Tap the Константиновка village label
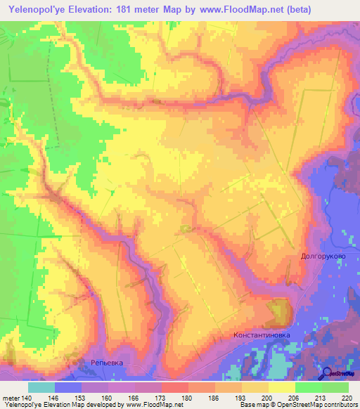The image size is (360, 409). [262, 336]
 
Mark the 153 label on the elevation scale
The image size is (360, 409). [82, 397]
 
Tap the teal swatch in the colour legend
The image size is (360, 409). [41, 387]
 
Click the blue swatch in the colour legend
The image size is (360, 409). [68, 387]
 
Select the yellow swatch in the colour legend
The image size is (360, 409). [281, 387]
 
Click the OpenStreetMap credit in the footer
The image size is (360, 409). [319, 405]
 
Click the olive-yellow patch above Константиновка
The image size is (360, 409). [280, 309]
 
